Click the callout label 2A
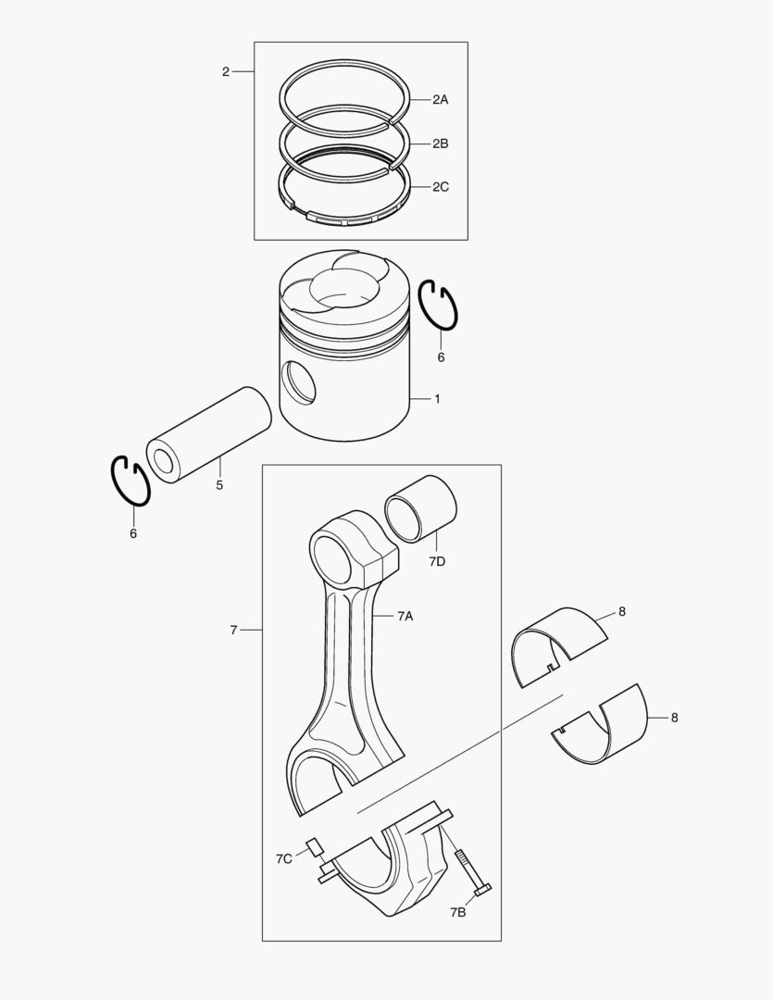click(x=440, y=99)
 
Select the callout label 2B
click(x=440, y=144)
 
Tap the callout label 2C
click(x=440, y=187)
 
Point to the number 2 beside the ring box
click(x=226, y=72)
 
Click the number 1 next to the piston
click(x=438, y=399)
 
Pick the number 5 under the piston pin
click(x=219, y=485)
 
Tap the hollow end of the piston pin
click(x=163, y=461)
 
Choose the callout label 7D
click(x=437, y=561)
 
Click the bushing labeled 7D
click(x=420, y=508)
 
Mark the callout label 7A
click(x=405, y=616)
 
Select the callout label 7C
click(x=284, y=859)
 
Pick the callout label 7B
click(x=458, y=913)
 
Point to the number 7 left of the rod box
click(x=233, y=631)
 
